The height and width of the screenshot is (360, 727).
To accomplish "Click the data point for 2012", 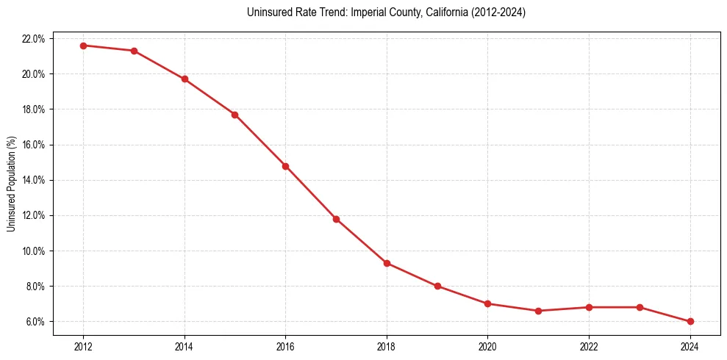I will (83, 46).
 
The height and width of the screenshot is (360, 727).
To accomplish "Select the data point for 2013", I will (134, 51).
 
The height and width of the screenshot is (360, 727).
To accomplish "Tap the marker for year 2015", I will (234, 115).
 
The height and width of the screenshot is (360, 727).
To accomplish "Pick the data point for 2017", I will (336, 219).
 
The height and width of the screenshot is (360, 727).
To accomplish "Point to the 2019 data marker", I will (437, 286).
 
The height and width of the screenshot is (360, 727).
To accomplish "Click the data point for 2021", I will (538, 311).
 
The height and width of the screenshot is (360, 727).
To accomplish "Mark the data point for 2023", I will (640, 307).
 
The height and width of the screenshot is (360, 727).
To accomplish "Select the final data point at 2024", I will (690, 321).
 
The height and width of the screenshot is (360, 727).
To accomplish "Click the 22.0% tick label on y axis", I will (35, 38).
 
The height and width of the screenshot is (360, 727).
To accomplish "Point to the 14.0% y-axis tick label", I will (35, 180).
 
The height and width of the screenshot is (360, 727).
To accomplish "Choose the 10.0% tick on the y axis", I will (35, 251).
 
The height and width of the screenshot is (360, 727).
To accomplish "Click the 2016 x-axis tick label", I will (285, 346).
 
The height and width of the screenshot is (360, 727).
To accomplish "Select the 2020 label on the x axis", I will (488, 346).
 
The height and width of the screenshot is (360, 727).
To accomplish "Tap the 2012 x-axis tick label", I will (83, 346).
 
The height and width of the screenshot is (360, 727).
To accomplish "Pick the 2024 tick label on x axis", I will (690, 346).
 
